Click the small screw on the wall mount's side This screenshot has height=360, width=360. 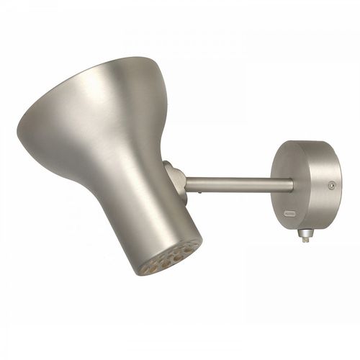point(331,185)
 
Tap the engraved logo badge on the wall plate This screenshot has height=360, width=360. point(289,213)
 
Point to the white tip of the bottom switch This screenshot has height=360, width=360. point(305,240)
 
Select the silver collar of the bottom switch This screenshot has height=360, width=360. point(305,233)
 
